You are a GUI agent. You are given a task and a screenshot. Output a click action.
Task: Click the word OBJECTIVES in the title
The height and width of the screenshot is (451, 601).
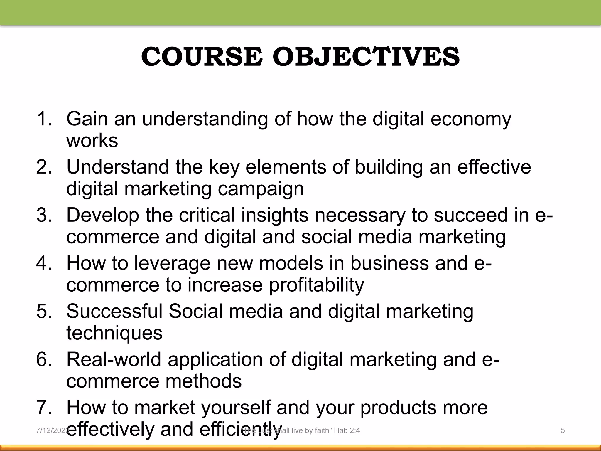[x=366, y=57]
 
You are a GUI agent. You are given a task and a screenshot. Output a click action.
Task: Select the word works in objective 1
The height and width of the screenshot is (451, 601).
[x=92, y=140]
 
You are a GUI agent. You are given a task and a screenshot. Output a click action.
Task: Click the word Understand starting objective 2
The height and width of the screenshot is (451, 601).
[x=118, y=167]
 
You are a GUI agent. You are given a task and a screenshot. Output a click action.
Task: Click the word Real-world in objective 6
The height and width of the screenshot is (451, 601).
[x=114, y=359]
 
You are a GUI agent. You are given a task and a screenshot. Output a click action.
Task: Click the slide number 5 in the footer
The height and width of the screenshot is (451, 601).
[x=563, y=430]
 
